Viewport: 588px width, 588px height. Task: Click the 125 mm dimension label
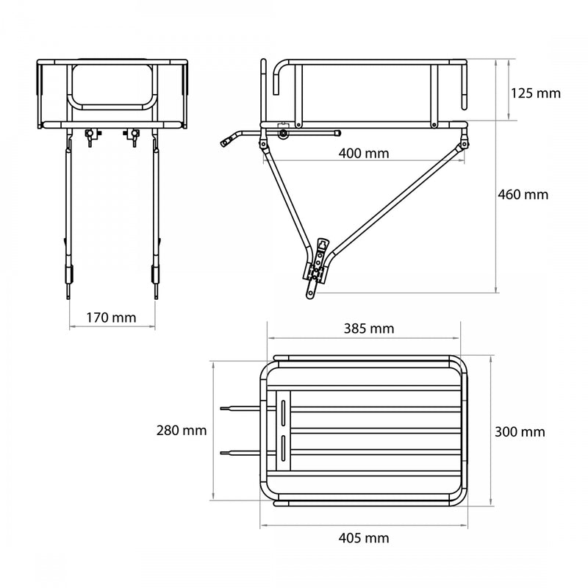pyautogui.click(x=535, y=93)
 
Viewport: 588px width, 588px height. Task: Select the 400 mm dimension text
pyautogui.click(x=364, y=154)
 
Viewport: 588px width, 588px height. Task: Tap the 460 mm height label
pyautogui.click(x=524, y=195)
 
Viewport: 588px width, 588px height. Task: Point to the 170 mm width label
pyautogui.click(x=110, y=318)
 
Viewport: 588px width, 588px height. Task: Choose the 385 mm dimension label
pyautogui.click(x=368, y=328)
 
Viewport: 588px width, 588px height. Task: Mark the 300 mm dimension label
pyautogui.click(x=520, y=431)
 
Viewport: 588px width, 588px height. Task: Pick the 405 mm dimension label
pyautogui.click(x=364, y=538)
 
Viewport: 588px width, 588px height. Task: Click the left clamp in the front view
pyautogui.click(x=90, y=137)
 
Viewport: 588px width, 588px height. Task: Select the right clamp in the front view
pyautogui.click(x=134, y=137)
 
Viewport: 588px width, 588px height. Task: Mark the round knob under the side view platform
pyautogui.click(x=283, y=134)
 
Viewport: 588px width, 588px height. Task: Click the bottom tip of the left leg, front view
pyautogui.click(x=68, y=295)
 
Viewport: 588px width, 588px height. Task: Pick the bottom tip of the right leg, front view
pyautogui.click(x=156, y=295)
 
